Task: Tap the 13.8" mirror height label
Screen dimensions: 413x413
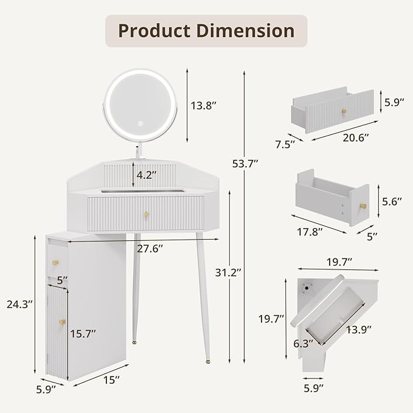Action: pos(204,105)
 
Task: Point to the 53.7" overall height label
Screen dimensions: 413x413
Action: pos(246,162)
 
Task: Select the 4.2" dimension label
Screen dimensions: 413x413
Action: pos(145,175)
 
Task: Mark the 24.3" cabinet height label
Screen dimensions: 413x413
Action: pos(18,302)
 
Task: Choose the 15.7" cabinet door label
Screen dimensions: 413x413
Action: pos(83,333)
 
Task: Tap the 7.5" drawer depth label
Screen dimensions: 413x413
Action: pos(285,144)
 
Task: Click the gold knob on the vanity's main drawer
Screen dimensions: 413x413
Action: pos(146,213)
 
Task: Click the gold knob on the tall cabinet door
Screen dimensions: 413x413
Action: pos(62,321)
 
